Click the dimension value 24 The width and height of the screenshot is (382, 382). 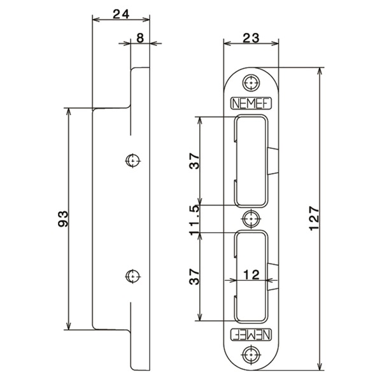point(121,14)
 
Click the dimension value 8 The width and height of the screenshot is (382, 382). point(140,38)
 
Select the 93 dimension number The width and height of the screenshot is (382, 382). point(63,219)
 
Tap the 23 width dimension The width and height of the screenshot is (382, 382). point(251,38)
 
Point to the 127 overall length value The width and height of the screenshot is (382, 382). point(314,218)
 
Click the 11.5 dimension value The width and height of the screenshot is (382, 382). point(195,220)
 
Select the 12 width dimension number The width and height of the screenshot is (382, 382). point(251,275)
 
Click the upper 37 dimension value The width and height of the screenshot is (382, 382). point(195,161)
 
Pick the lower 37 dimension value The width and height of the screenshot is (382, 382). point(195,277)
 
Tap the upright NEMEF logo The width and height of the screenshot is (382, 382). point(251,104)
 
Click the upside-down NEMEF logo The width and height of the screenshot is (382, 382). point(251,334)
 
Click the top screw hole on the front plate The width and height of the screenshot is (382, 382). point(251,83)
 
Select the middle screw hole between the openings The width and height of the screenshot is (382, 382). point(251,219)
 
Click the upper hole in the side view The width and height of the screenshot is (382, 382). point(132,160)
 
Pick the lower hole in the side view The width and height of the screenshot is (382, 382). point(132,276)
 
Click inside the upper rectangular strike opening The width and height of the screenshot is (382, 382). point(251,161)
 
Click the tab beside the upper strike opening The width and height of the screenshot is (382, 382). point(273,161)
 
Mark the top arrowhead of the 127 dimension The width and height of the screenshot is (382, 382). point(320,71)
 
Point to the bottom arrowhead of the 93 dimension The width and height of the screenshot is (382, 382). point(69,326)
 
